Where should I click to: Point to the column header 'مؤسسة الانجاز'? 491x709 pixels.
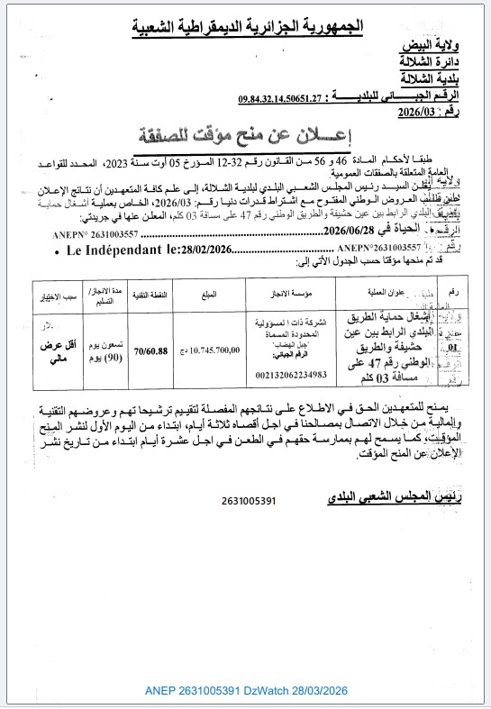pos(282,295)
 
